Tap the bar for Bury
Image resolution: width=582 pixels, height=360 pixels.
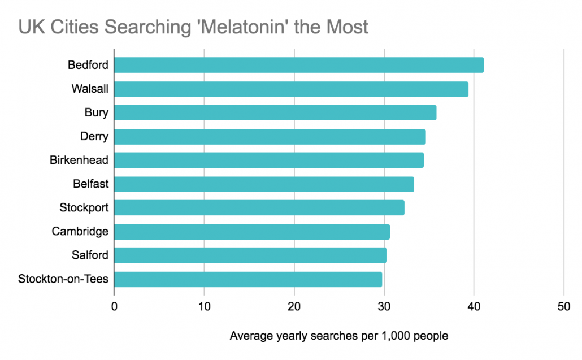pyautogui.click(x=275, y=113)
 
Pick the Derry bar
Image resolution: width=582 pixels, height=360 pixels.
pyautogui.click(x=270, y=137)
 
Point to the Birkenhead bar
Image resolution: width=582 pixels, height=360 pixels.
pyautogui.click(x=269, y=161)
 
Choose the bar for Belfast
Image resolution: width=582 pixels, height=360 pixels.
pyautogui.click(x=264, y=184)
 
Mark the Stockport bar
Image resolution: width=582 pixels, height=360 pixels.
pyautogui.click(x=259, y=208)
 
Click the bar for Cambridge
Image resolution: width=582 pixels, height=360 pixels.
pyautogui.click(x=252, y=232)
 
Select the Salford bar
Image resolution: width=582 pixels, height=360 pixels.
pyautogui.click(x=250, y=255)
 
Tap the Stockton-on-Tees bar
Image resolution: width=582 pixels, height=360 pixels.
pyautogui.click(x=248, y=279)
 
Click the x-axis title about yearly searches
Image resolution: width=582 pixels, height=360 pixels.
pyautogui.click(x=339, y=336)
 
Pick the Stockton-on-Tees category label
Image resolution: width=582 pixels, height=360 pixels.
pyautogui.click(x=63, y=279)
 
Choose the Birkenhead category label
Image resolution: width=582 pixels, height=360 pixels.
pyautogui.click(x=79, y=161)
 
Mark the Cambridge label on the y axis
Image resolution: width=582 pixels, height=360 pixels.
pyautogui.click(x=80, y=232)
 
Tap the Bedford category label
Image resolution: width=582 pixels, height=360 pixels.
pyautogui.click(x=88, y=66)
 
